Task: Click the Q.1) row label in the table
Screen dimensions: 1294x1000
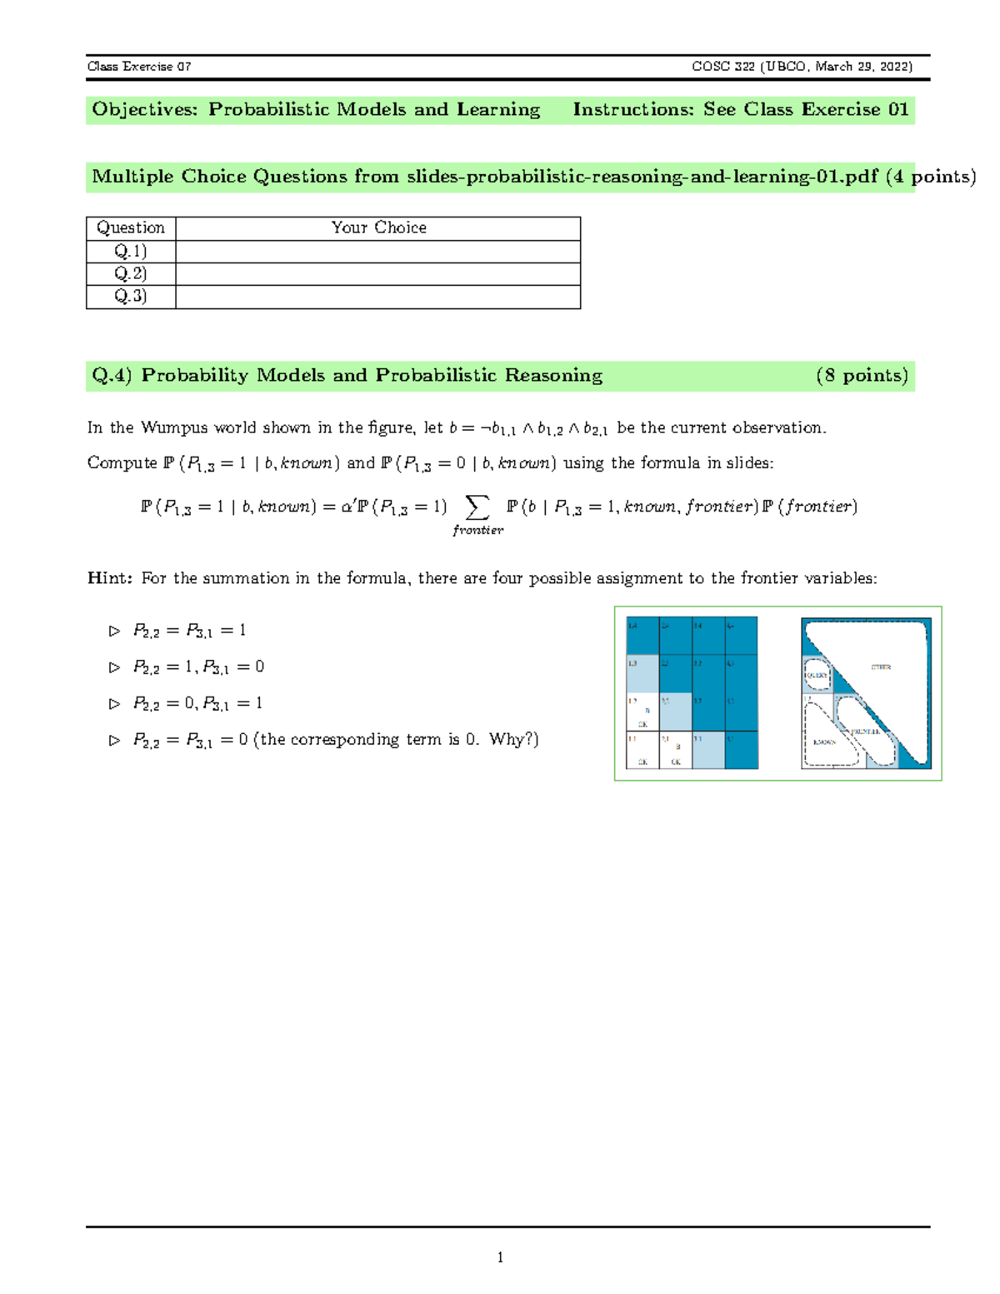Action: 131,251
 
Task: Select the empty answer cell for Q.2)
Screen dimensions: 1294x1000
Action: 377,274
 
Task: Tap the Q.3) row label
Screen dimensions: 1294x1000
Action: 131,297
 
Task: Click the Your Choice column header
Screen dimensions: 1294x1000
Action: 378,227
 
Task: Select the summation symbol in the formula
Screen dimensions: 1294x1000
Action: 477,507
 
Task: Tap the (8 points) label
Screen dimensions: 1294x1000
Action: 862,376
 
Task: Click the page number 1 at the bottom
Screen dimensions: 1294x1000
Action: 500,1257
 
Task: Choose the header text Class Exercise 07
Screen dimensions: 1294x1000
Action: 139,67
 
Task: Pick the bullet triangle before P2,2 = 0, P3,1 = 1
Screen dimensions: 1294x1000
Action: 114,704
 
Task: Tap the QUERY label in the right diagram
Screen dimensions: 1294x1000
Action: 817,675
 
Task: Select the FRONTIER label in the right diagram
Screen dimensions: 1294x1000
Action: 866,731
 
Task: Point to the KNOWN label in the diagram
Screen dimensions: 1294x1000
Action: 825,742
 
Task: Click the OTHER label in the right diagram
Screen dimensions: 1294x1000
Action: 881,667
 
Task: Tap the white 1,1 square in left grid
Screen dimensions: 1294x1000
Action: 642,750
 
